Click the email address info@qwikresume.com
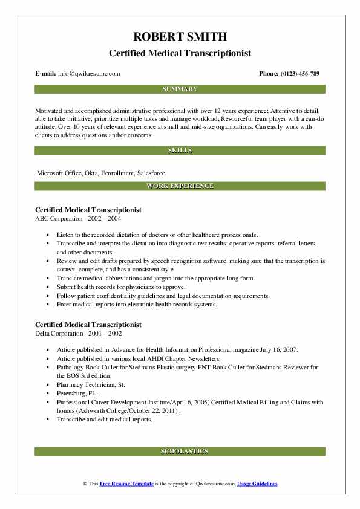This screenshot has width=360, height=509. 89,74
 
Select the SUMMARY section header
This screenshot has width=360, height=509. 180,89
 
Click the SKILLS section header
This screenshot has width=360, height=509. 180,149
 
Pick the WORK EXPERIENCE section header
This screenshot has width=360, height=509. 180,186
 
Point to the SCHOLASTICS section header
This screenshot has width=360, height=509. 180,451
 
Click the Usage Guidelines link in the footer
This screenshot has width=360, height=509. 257,484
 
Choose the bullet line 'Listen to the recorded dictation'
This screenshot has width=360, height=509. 157,234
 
